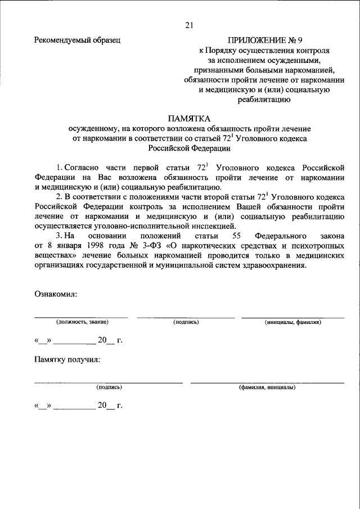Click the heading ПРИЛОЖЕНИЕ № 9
click(x=260, y=40)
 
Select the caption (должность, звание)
click(x=82, y=323)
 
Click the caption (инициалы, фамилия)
click(x=293, y=323)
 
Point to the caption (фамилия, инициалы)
click(x=267, y=388)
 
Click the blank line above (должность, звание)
click(x=81, y=317)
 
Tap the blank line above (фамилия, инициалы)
click(x=267, y=382)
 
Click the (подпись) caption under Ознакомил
click(x=186, y=323)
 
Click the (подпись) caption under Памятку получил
click(x=109, y=388)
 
